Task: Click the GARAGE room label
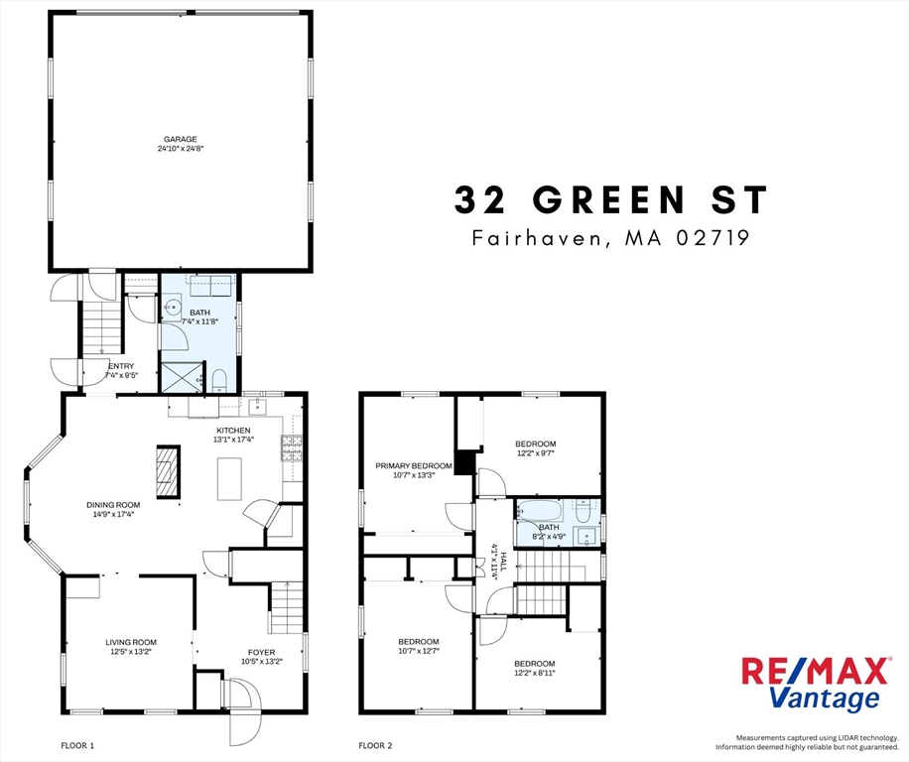click(x=181, y=139)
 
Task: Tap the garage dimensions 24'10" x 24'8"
click(x=181, y=149)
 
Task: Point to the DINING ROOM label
click(x=112, y=504)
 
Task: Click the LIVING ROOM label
click(x=131, y=642)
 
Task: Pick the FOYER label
click(x=262, y=652)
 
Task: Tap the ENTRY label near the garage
click(x=121, y=365)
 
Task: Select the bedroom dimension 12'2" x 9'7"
click(x=535, y=453)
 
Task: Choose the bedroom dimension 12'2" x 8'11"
click(x=535, y=673)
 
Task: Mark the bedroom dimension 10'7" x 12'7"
click(x=418, y=652)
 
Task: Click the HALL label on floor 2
click(x=502, y=561)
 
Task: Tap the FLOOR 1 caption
click(x=77, y=744)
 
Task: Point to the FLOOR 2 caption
click(x=376, y=744)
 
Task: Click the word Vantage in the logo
click(x=825, y=698)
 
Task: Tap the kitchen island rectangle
click(x=230, y=478)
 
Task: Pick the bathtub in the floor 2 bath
click(x=542, y=513)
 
